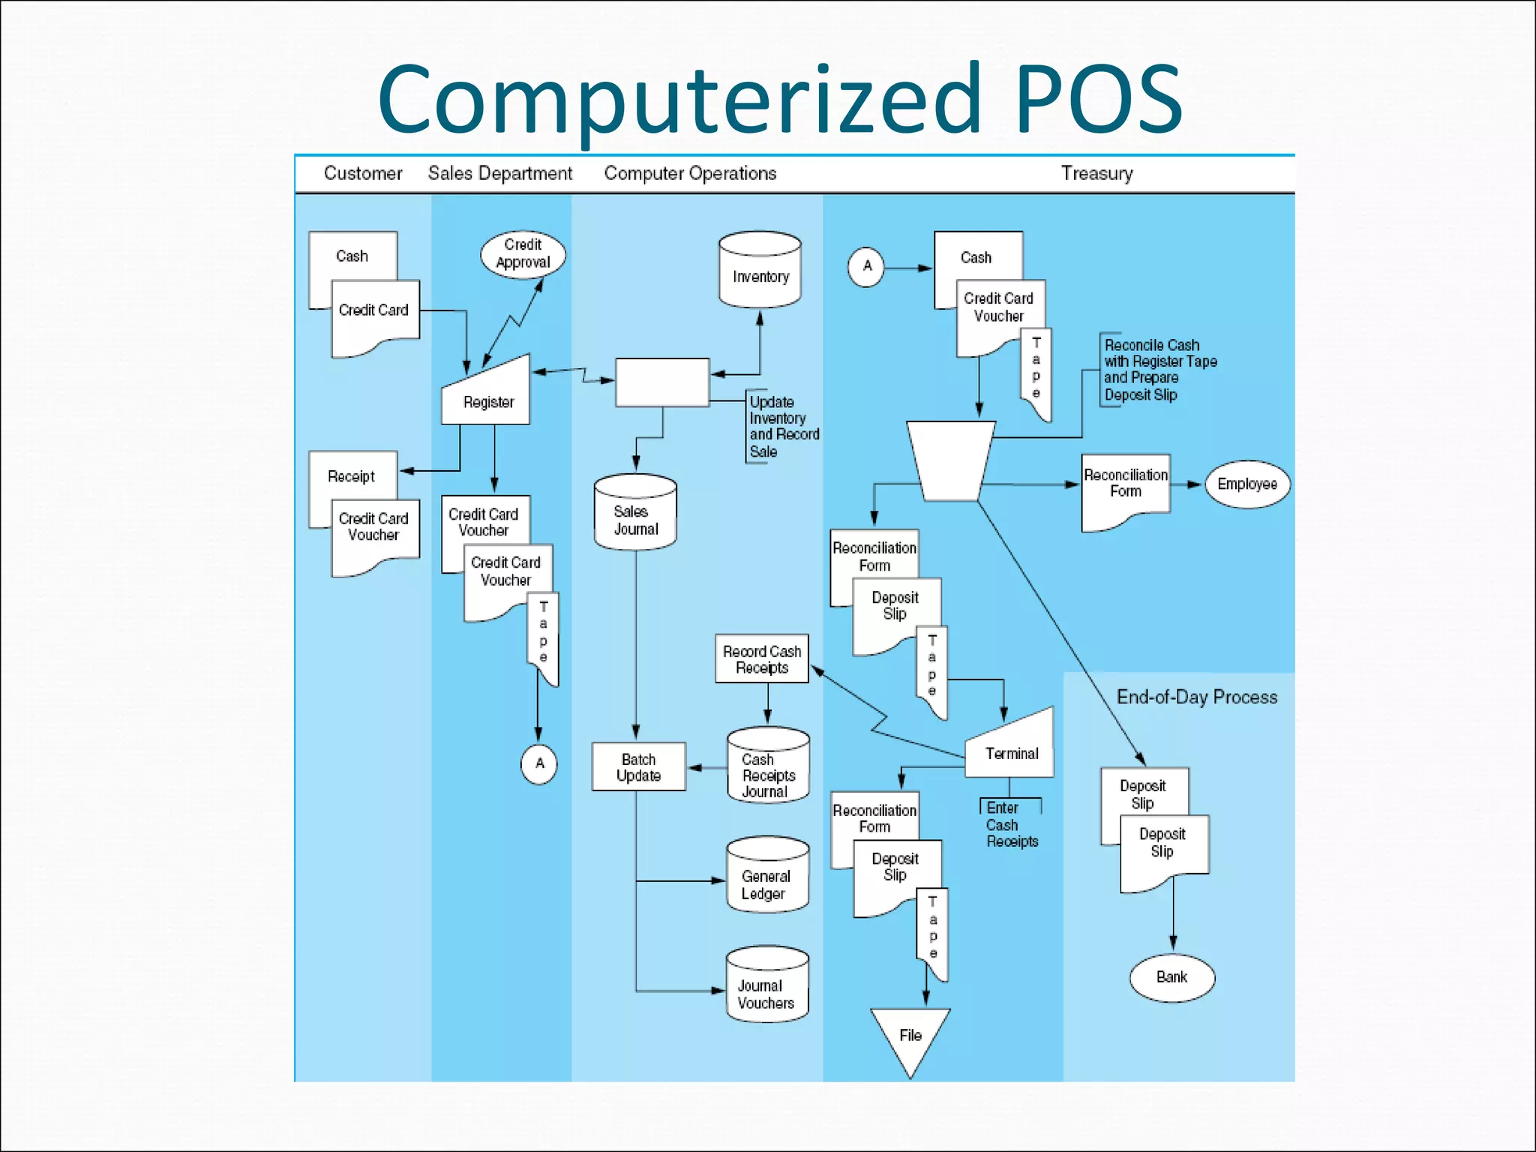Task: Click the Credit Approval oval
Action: click(x=523, y=254)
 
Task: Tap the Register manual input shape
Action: click(x=487, y=396)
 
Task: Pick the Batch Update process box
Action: click(x=638, y=766)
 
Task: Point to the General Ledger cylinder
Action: click(x=767, y=877)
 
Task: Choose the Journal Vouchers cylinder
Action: click(x=767, y=986)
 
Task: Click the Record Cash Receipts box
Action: click(x=761, y=658)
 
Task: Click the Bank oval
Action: click(x=1171, y=976)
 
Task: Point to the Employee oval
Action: click(x=1246, y=484)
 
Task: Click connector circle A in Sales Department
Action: click(x=538, y=764)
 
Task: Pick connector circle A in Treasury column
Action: click(x=866, y=266)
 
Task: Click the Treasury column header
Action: click(x=1096, y=173)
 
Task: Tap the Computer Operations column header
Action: click(x=690, y=173)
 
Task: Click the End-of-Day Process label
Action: click(x=1196, y=697)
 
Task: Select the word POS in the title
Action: click(x=1099, y=100)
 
